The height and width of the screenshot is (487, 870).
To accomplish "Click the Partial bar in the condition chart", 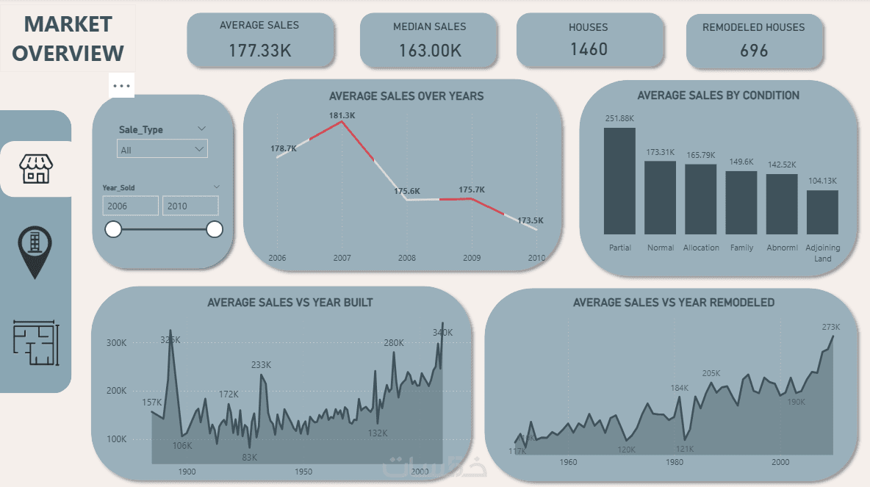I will coord(619,181).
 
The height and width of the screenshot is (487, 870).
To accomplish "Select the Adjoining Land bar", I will coord(822,212).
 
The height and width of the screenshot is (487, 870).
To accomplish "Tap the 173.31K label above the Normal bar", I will coord(660,152).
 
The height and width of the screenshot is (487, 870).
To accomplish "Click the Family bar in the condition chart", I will coord(741,203).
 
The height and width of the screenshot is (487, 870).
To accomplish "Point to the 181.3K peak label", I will coord(342,115).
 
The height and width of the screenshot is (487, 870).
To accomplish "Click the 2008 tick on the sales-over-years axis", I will coord(406,258).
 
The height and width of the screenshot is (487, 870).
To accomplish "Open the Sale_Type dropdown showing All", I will coord(162,149).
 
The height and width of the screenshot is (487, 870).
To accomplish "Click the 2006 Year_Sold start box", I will coord(130,206).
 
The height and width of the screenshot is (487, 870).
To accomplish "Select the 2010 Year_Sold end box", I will coord(190,206).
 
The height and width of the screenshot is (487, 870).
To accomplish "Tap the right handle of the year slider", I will coord(215,230).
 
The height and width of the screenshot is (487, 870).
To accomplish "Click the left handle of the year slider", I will coord(113,230).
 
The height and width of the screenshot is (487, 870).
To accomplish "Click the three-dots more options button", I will coord(122,86).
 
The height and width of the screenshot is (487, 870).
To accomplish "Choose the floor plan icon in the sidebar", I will coord(36,344).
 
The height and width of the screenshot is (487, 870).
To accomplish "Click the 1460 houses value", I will coord(589,49).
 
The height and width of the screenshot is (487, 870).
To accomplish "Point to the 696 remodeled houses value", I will coord(754,51).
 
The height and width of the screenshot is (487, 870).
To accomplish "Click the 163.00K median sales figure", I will coord(430,51).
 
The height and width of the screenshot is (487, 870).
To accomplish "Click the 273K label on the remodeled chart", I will coord(830,328).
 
